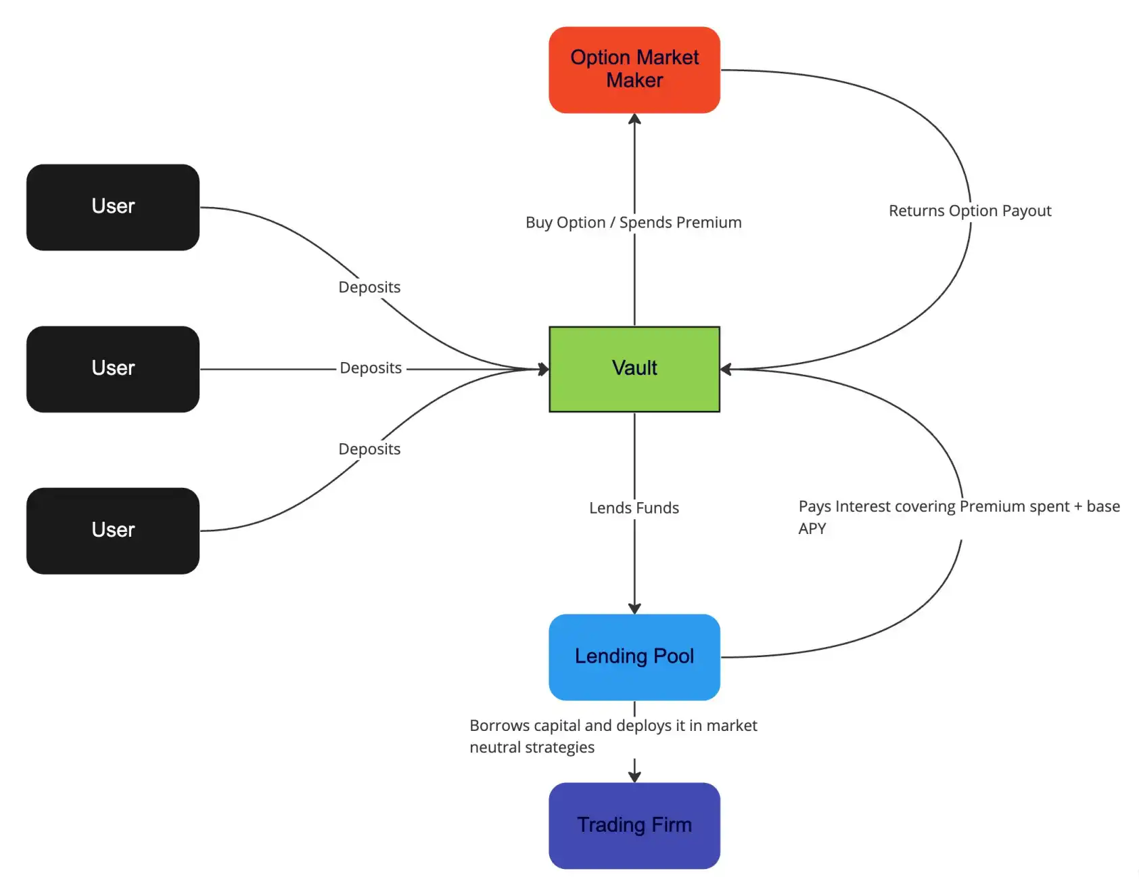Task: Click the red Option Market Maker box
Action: pos(634,70)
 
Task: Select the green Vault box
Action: pos(634,369)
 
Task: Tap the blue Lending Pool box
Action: pos(634,656)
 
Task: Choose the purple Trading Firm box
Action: pos(634,825)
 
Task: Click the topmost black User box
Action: pos(113,206)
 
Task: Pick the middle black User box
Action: pos(113,369)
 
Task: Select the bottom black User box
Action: pos(113,531)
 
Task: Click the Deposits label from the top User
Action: pos(369,287)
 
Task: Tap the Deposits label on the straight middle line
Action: pos(371,368)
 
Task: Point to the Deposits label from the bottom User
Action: pos(369,449)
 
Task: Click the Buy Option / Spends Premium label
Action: pos(633,223)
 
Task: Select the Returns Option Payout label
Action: pos(969,211)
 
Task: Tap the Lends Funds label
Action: pos(634,508)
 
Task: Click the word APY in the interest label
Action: pos(812,529)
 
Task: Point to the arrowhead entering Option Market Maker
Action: pos(634,120)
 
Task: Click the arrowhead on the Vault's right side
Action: pos(726,369)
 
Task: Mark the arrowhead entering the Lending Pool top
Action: pos(634,608)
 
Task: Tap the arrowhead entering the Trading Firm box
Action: pos(634,776)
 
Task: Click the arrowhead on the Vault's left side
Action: pos(543,369)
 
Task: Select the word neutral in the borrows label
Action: pos(495,748)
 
